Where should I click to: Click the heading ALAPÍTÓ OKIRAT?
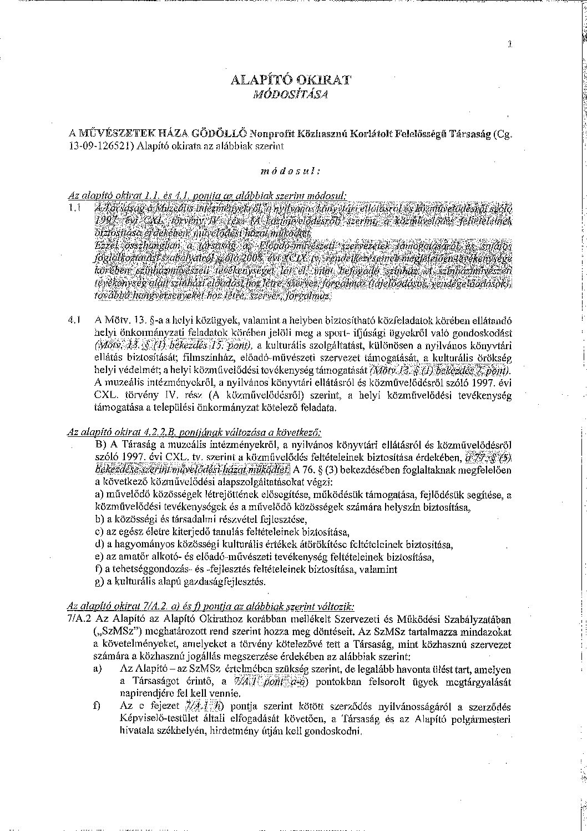pos(291,80)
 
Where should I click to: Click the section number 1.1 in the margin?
pos(75,208)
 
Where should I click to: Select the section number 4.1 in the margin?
pos(75,320)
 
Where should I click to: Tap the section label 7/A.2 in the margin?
pos(78,618)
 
